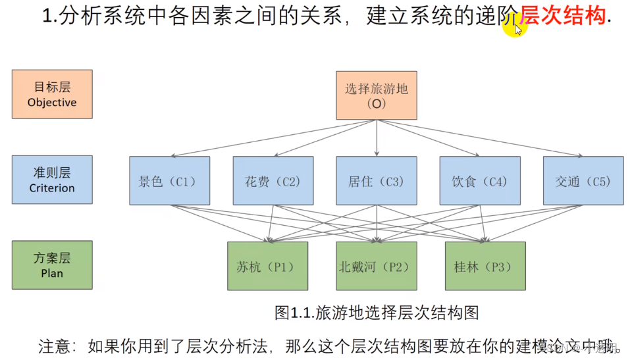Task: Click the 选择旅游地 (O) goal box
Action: (x=376, y=95)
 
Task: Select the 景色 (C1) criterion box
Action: (x=169, y=180)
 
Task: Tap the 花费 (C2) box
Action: (x=273, y=180)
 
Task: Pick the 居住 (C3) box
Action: (x=376, y=180)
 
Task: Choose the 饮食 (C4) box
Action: (x=479, y=180)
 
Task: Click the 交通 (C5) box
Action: (x=583, y=180)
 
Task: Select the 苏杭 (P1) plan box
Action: (x=267, y=266)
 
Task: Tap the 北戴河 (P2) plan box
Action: (x=376, y=266)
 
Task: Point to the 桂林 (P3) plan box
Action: (x=485, y=266)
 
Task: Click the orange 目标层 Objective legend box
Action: (x=52, y=94)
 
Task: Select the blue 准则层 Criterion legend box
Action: (x=52, y=180)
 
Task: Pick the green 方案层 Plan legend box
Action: (x=52, y=265)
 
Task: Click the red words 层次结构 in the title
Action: (x=563, y=15)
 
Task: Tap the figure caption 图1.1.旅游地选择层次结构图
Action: (x=376, y=312)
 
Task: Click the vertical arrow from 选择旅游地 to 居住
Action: (x=377, y=138)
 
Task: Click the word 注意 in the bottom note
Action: (x=52, y=346)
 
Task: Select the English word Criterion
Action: (x=52, y=188)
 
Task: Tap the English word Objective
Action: (x=52, y=103)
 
